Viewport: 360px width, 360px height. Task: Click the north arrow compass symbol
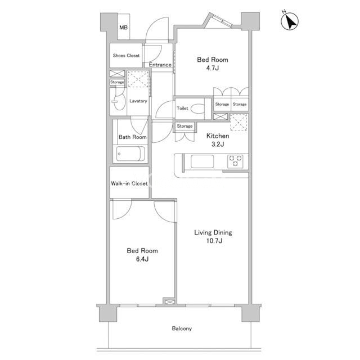pos(290,21)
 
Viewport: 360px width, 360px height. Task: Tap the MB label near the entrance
pos(123,28)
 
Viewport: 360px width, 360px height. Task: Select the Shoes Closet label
pos(126,56)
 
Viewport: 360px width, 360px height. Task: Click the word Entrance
pos(160,65)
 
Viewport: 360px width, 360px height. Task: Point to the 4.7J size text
pos(213,68)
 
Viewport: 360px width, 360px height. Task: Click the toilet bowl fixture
pos(197,109)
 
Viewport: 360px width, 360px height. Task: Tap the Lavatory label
pos(138,101)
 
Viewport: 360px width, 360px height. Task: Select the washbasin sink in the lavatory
pos(118,101)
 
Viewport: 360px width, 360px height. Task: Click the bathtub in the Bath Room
pos(130,154)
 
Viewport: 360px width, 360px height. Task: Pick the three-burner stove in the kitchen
pos(235,161)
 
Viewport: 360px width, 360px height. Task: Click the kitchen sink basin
pos(202,161)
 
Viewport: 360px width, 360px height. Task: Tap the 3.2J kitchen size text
pos(218,144)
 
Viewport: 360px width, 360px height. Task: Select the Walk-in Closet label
pos(129,183)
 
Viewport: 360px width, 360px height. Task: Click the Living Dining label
pos(213,232)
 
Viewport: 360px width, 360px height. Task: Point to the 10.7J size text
pos(214,241)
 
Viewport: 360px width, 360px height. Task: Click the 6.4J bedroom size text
pos(142,259)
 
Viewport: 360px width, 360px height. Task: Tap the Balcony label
pos(182,328)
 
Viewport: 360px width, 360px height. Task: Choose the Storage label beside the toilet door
pos(184,126)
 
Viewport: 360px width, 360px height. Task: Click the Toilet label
pos(182,108)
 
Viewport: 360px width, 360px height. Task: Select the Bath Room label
pos(133,137)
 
